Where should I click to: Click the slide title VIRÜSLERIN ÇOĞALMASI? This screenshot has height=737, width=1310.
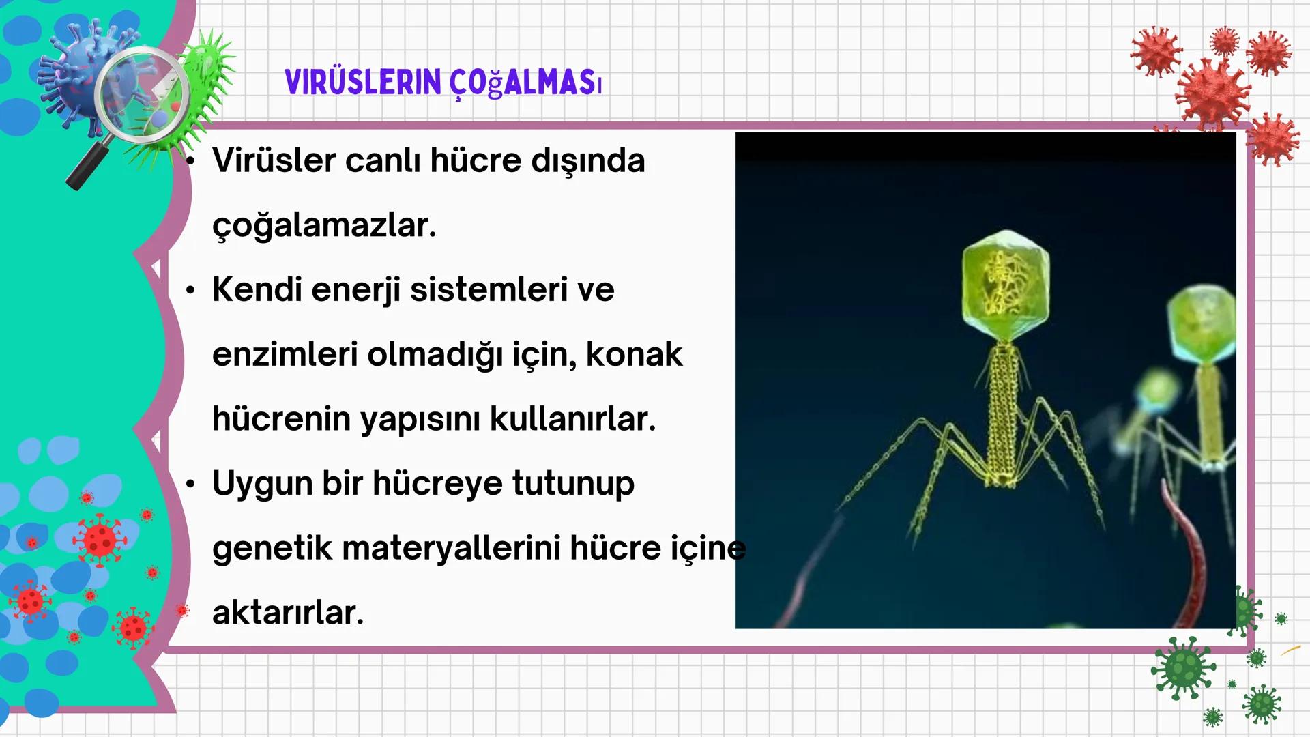click(x=443, y=83)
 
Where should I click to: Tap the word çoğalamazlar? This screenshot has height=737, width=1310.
click(x=324, y=226)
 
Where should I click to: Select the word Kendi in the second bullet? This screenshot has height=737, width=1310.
click(x=257, y=290)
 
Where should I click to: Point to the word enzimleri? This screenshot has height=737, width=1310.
click(x=285, y=355)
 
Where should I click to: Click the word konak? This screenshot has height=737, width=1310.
click(x=634, y=355)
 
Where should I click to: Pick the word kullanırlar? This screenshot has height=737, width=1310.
click(x=572, y=419)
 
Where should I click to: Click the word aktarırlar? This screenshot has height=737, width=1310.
click(x=288, y=613)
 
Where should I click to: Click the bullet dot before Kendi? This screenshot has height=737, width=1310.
click(x=190, y=291)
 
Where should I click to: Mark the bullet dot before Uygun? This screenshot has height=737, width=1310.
click(x=190, y=485)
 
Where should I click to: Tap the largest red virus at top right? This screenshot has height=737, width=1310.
click(x=1212, y=92)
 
